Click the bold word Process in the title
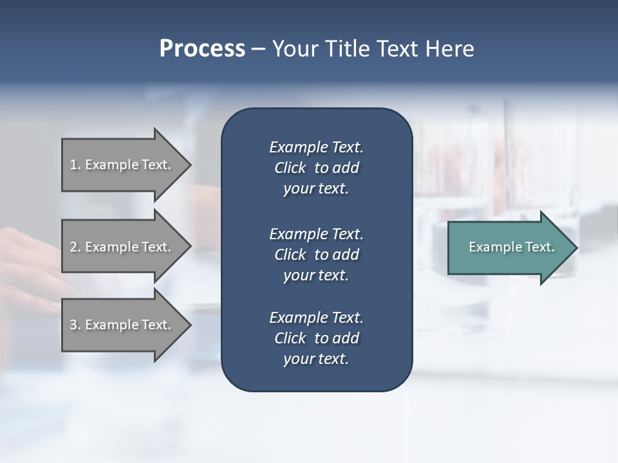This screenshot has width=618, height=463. pyautogui.click(x=202, y=49)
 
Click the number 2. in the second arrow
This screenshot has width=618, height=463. pyautogui.click(x=75, y=247)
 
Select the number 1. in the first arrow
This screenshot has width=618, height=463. pyautogui.click(x=75, y=165)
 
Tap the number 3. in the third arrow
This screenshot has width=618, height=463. pyautogui.click(x=75, y=325)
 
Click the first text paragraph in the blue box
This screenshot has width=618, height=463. pyautogui.click(x=316, y=168)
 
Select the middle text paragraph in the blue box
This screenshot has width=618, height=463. pyautogui.click(x=316, y=255)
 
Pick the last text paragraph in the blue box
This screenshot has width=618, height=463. pyautogui.click(x=316, y=338)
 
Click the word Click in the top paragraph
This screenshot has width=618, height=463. pyautogui.click(x=290, y=168)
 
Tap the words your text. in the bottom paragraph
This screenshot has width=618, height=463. pyautogui.click(x=316, y=359)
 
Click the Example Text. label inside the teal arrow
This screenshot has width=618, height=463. pyautogui.click(x=511, y=247)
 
